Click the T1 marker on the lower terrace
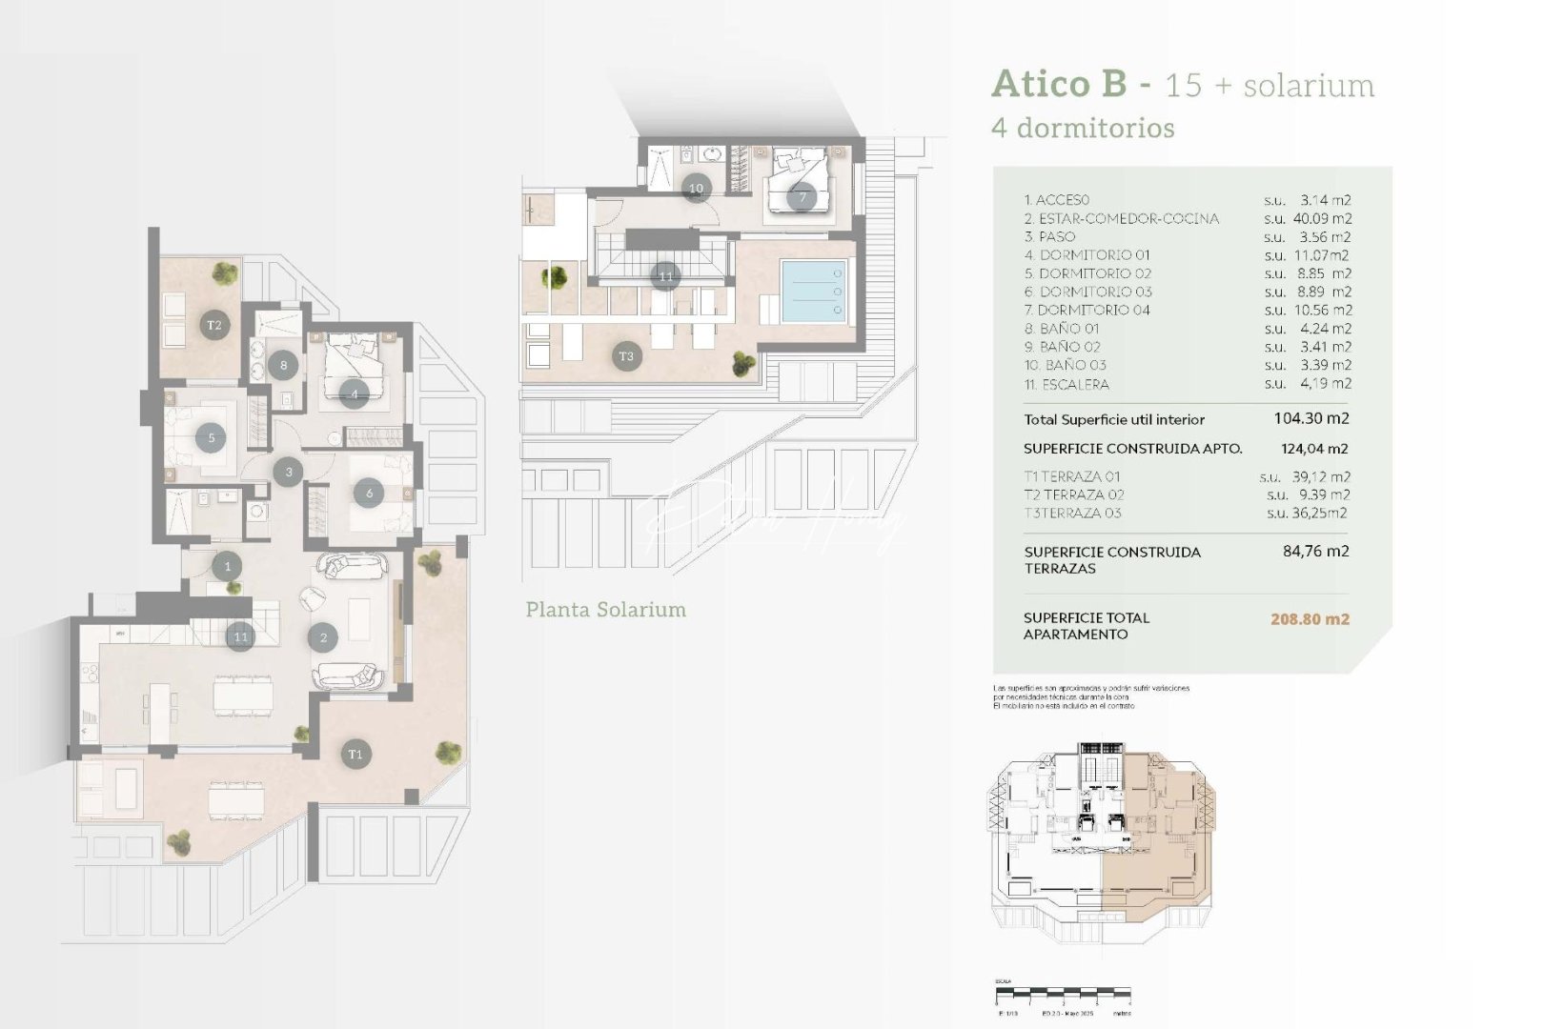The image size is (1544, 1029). (355, 755)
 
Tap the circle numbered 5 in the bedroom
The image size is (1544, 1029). (212, 438)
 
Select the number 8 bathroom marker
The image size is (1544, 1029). (283, 365)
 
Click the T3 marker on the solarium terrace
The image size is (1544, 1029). (626, 356)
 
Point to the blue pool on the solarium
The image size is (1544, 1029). (813, 291)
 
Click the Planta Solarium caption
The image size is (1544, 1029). (605, 610)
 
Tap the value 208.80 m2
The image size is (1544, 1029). (1310, 619)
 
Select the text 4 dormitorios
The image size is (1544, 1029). (1083, 128)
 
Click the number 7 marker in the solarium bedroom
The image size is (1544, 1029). (802, 198)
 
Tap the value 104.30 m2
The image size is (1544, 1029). (1310, 418)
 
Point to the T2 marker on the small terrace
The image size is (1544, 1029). (214, 325)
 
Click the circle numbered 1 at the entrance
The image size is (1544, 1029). (227, 567)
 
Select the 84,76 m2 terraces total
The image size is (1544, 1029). (1315, 551)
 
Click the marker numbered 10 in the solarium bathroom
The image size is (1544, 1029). (696, 188)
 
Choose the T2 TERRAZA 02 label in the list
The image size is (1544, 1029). (1073, 494)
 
